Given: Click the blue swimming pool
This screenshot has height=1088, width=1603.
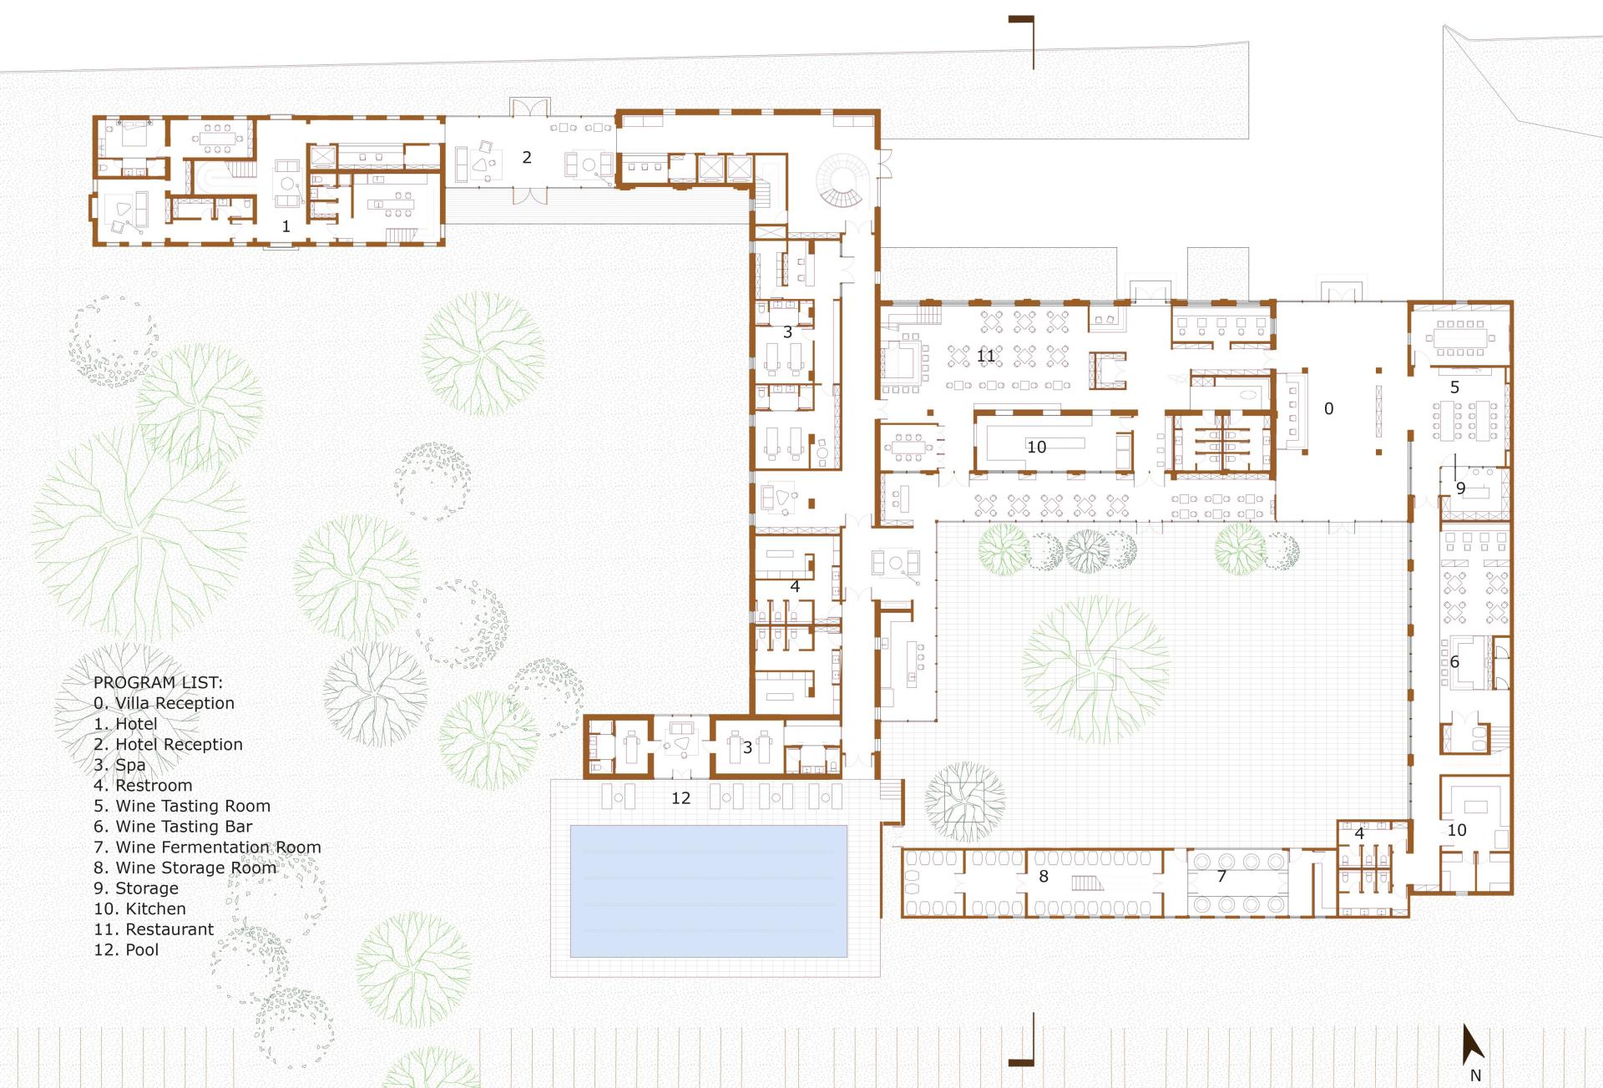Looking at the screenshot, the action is click(708, 891).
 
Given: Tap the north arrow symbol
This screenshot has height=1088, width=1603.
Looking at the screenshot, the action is click(1473, 1045).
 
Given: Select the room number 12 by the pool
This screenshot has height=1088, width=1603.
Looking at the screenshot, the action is click(680, 798).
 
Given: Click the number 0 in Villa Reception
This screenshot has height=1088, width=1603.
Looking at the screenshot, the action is click(1328, 408).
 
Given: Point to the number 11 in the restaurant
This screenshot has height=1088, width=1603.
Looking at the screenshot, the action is click(986, 356).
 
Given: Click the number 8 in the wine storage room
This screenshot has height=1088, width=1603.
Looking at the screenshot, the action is click(1043, 876).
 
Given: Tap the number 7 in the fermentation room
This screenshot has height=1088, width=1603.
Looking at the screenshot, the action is click(1221, 876).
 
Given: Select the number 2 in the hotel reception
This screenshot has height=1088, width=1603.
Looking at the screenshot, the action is click(527, 157).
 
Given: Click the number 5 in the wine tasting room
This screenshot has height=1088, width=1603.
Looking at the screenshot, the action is click(1454, 387).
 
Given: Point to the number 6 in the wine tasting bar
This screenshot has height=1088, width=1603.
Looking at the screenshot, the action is click(1454, 662).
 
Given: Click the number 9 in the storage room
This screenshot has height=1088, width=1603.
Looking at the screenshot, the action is click(1460, 488).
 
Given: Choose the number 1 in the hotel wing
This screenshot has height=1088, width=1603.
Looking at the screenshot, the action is click(286, 226).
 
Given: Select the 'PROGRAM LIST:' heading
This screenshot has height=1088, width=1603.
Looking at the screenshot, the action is click(158, 682).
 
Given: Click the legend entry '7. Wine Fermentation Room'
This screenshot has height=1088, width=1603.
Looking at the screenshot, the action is click(207, 848).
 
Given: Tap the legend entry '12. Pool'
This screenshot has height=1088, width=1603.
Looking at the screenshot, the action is click(126, 950).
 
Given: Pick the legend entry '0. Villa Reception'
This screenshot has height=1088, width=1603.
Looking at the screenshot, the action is click(164, 704).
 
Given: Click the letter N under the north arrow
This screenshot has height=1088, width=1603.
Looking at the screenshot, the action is click(1475, 1076).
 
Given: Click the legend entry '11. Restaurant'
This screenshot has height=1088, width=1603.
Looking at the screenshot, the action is click(154, 929).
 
